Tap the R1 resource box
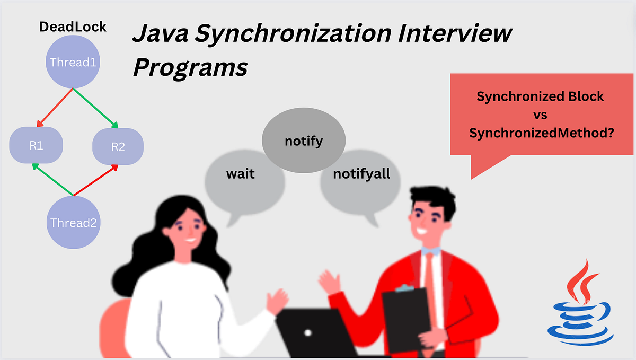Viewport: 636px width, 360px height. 36,146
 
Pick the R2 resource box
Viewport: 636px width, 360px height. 118,146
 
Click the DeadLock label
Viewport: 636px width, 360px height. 73,27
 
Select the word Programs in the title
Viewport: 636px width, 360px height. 190,68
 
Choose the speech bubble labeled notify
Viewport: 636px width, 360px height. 304,142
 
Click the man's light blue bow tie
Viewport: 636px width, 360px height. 430,250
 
